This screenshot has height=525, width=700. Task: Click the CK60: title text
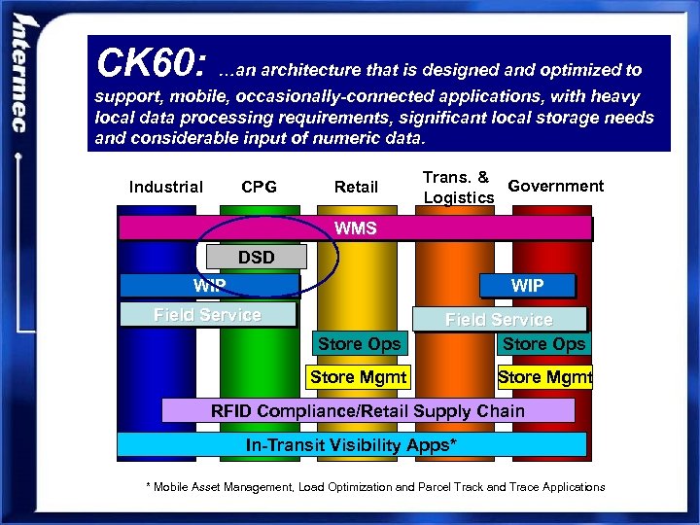(150, 65)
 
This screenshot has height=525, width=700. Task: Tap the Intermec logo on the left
(20, 78)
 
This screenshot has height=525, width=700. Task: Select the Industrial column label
(165, 187)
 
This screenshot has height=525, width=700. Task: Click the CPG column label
(259, 187)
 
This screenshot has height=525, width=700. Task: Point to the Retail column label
(356, 187)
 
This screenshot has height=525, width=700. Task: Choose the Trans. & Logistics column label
(458, 188)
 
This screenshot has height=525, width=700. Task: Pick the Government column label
(555, 186)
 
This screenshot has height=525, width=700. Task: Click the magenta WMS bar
(355, 228)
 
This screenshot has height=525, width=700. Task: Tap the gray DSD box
(257, 258)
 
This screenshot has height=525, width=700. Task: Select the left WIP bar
(209, 285)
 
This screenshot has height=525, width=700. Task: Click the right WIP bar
(527, 285)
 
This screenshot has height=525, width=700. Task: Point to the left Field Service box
(207, 314)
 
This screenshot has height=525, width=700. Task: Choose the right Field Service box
(499, 319)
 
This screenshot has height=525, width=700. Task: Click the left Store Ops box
(359, 344)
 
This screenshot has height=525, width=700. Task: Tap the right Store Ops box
(543, 344)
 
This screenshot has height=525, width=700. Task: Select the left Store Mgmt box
(358, 376)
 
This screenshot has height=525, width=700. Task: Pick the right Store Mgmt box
(544, 376)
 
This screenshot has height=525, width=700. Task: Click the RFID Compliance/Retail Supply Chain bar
(367, 410)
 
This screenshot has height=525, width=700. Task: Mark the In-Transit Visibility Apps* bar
(351, 445)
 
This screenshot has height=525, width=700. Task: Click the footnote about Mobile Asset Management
(374, 486)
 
